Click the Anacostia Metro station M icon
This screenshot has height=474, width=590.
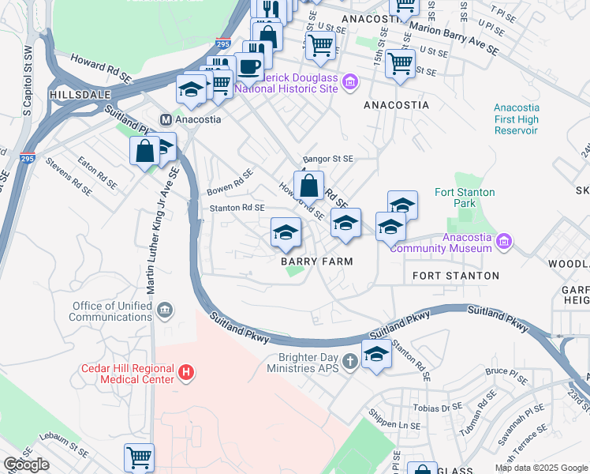pyautogui.click(x=166, y=120)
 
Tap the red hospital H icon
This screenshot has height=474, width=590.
pyautogui.click(x=185, y=371)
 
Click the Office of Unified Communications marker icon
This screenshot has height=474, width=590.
pyautogui.click(x=163, y=310)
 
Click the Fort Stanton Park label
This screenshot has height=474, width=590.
pyautogui.click(x=465, y=197)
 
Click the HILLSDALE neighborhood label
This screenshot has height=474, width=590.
pyautogui.click(x=78, y=94)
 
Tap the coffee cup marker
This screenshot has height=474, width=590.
pyautogui.click(x=249, y=67)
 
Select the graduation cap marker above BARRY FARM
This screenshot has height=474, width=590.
pyautogui.click(x=286, y=231)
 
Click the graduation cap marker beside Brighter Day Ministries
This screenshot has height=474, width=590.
pyautogui.click(x=376, y=354)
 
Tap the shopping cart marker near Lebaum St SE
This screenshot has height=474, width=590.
pyautogui.click(x=139, y=457)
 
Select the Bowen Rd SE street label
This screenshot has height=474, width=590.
pyautogui.click(x=230, y=182)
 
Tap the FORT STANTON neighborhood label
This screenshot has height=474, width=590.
pyautogui.click(x=456, y=276)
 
